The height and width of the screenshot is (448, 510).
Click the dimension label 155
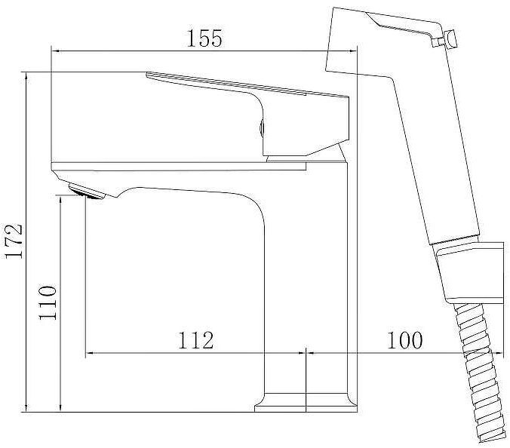pyautogui.click(x=204, y=38)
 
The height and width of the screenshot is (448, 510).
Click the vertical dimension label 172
pyautogui.click(x=14, y=241)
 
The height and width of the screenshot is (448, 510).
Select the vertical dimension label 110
pyautogui.click(x=48, y=302)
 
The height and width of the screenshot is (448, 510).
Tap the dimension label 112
pyautogui.click(x=196, y=340)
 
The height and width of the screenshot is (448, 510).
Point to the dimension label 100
pyautogui.click(x=405, y=340)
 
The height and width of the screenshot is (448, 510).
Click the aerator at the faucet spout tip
pyautogui.click(x=86, y=191)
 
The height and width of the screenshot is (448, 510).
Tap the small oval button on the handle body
pyautogui.click(x=262, y=127)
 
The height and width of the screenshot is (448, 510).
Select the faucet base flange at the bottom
pyautogui.click(x=306, y=403)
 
